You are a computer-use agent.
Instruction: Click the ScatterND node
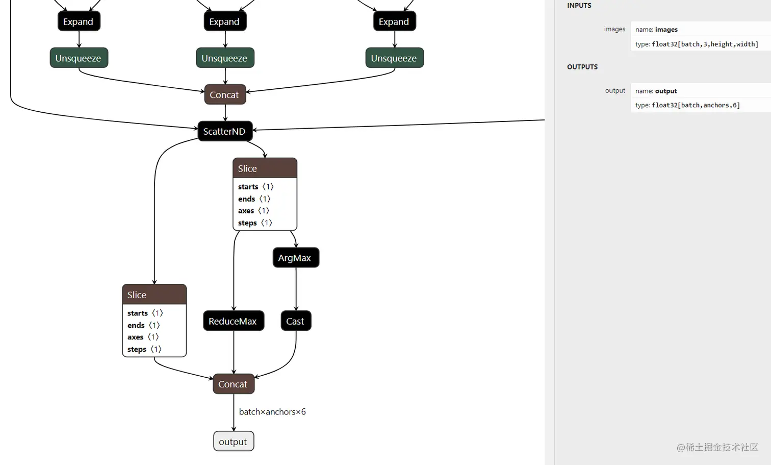pyautogui.click(x=225, y=131)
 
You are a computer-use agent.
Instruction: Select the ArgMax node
pyautogui.click(x=295, y=258)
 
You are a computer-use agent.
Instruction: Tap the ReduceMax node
pyautogui.click(x=233, y=321)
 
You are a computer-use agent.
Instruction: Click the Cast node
pyautogui.click(x=295, y=321)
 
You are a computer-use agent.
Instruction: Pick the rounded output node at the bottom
pyautogui.click(x=233, y=442)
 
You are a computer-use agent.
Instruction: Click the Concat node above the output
pyautogui.click(x=233, y=384)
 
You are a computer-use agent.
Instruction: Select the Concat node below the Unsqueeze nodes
pyautogui.click(x=225, y=94)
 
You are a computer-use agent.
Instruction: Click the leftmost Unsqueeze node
pyautogui.click(x=79, y=58)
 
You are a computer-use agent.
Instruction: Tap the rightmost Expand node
pyautogui.click(x=394, y=21)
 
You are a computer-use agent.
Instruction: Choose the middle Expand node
pyautogui.click(x=225, y=21)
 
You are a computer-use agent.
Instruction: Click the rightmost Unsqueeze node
pyautogui.click(x=394, y=58)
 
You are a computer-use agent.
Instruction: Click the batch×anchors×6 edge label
pyautogui.click(x=272, y=412)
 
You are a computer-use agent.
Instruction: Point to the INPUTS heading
pyautogui.click(x=579, y=6)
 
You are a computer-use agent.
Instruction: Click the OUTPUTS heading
pyautogui.click(x=582, y=67)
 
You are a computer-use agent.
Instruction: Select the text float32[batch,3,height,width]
pyautogui.click(x=704, y=44)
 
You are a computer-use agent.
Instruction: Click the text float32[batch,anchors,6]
pyautogui.click(x=695, y=105)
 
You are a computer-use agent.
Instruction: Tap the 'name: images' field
pyautogui.click(x=656, y=30)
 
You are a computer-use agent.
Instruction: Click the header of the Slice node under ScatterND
pyautogui.click(x=264, y=168)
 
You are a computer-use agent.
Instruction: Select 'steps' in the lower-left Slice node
pyautogui.click(x=137, y=349)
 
